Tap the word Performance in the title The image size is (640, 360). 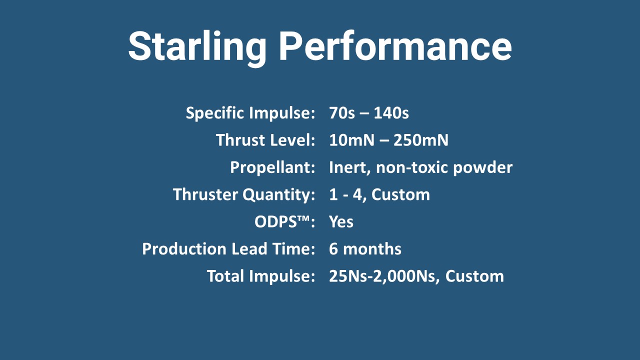coord(395,45)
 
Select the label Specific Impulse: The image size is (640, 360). coord(250,113)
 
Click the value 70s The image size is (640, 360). coord(341,113)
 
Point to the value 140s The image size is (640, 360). coord(391,113)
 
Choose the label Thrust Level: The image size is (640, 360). coord(265,140)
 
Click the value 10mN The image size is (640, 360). coord(351,140)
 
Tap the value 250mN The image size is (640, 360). coord(421,140)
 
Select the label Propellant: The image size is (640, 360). coord(272,167)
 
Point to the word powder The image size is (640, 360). coord(483,168)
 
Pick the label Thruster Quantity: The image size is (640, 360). coord(244,195)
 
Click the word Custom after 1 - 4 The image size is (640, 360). coord(400,195)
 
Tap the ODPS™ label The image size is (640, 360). coord(284,221)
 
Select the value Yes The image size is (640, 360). coord(341,222)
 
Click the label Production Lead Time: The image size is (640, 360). coord(228,249)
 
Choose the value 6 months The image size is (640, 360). coord(365,249)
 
